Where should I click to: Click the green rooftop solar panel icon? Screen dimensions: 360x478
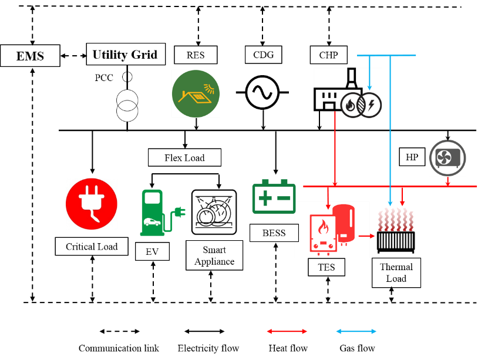click(x=196, y=93)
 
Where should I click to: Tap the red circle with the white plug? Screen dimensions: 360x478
click(x=92, y=204)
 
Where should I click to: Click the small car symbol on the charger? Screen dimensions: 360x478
click(x=152, y=222)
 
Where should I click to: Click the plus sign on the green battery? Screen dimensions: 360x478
click(x=265, y=198)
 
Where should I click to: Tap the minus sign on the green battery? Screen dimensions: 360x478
click(x=284, y=198)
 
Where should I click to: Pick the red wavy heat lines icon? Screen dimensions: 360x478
click(x=396, y=219)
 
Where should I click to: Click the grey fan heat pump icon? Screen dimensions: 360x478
click(x=447, y=158)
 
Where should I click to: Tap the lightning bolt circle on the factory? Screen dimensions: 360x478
click(x=371, y=105)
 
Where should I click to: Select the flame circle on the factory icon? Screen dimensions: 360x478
click(x=352, y=106)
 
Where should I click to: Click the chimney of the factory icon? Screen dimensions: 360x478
click(x=351, y=78)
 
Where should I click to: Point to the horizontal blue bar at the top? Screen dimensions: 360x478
click(x=386, y=55)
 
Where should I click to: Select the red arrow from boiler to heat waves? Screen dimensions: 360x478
click(x=367, y=236)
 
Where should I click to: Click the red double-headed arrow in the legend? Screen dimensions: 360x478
click(x=287, y=331)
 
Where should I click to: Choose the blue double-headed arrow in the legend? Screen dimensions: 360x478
click(x=356, y=331)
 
